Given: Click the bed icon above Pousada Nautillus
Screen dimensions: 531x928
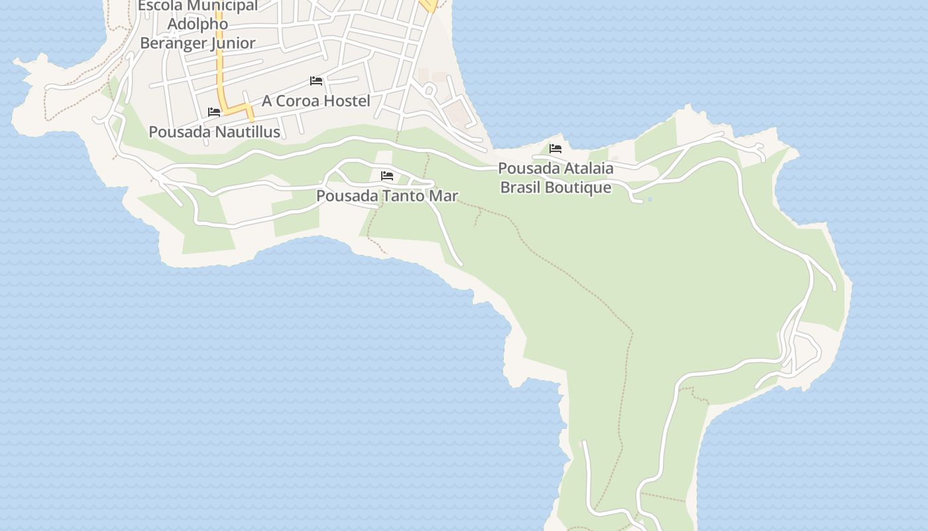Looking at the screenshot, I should pyautogui.click(x=213, y=112).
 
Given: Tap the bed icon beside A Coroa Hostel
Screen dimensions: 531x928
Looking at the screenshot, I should pyautogui.click(x=316, y=81).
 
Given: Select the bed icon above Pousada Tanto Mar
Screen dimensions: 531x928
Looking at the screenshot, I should pyautogui.click(x=387, y=176).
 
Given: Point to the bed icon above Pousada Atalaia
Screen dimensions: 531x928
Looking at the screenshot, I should pyautogui.click(x=555, y=149).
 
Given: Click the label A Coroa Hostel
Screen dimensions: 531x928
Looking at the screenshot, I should pyautogui.click(x=316, y=101).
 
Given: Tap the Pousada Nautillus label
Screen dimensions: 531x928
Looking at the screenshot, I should pyautogui.click(x=214, y=131).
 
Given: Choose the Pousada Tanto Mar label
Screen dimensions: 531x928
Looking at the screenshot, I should pyautogui.click(x=386, y=196).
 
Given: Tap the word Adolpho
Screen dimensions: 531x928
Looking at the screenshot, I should pyautogui.click(x=198, y=24).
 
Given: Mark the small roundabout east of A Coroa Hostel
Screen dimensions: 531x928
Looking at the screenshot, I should pyautogui.click(x=429, y=90).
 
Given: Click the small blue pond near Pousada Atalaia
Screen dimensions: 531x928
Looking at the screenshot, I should pyautogui.click(x=650, y=199).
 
